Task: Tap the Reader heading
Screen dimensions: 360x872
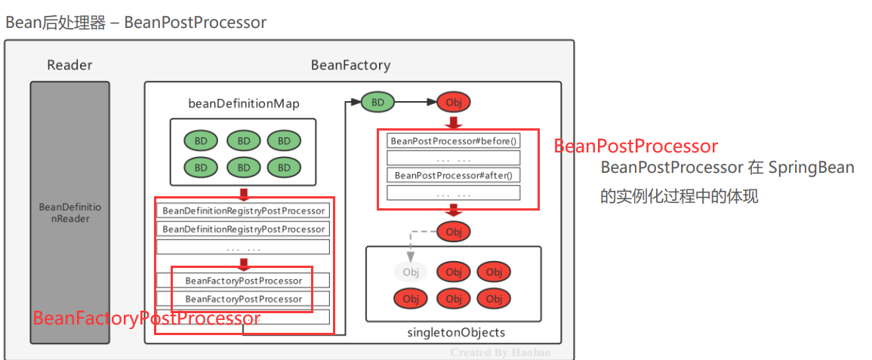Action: (69, 65)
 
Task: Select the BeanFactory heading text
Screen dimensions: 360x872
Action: (350, 65)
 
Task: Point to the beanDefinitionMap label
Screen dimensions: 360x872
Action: (243, 103)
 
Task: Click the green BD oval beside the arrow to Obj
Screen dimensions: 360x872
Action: (377, 101)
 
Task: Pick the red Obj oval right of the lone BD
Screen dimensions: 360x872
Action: (454, 102)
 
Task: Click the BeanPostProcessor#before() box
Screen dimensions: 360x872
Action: (453, 141)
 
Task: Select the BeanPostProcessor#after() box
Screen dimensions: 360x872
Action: (453, 175)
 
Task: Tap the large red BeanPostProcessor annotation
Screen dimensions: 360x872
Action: (636, 146)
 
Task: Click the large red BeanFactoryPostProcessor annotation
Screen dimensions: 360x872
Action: (146, 318)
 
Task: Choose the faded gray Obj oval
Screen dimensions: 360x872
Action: (411, 272)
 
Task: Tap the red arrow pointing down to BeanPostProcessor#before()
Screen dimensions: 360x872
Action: (454, 122)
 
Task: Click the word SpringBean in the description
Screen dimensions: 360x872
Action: (812, 168)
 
